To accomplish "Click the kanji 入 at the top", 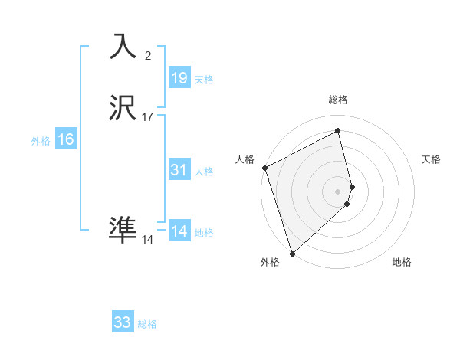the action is click(x=123, y=47).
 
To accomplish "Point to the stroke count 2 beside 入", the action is click(x=148, y=55).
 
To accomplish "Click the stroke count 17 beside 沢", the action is click(x=148, y=117).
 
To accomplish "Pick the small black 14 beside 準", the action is click(x=148, y=240).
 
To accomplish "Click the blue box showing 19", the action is click(x=179, y=77).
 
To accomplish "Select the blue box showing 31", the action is click(x=179, y=170).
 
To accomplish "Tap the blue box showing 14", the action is click(x=179, y=231).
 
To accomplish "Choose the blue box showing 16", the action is click(x=66, y=139).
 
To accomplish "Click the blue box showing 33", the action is click(x=123, y=322).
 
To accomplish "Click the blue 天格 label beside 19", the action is click(x=204, y=80).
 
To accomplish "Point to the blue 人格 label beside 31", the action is click(x=204, y=172).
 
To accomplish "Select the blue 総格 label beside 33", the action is click(x=147, y=324).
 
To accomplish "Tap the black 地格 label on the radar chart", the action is click(x=402, y=263).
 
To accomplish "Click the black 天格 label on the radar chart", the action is click(x=431, y=159).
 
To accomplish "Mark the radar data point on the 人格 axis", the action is click(x=264, y=168).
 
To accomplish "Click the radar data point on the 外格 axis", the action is click(x=291, y=253).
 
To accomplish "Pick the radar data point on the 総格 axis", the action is click(x=338, y=131).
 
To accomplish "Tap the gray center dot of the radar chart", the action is click(x=338, y=191).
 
